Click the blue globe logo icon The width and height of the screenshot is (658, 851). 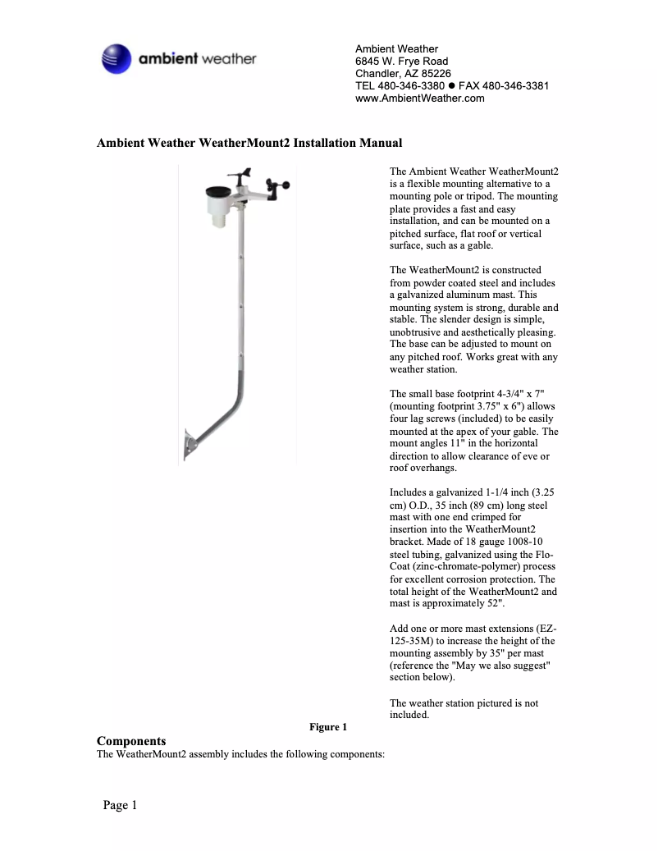point(116,59)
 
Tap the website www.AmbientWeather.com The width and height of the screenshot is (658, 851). point(419,98)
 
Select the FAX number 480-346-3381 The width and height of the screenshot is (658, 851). point(515,86)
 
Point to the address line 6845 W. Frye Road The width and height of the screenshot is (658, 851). point(401,62)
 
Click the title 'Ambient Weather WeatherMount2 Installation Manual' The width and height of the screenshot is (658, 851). point(249,143)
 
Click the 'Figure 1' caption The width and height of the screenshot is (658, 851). point(328,727)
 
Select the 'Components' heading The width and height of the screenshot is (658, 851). point(131,740)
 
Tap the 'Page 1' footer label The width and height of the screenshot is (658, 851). point(120,805)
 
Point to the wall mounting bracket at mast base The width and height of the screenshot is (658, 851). point(191,444)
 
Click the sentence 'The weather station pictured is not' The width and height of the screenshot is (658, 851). point(464,703)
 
